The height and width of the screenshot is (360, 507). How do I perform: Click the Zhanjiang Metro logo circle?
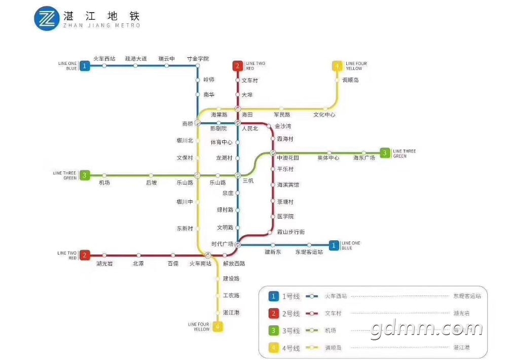click(x=47, y=18)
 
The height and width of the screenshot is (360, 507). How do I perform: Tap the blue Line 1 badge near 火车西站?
click(x=85, y=65)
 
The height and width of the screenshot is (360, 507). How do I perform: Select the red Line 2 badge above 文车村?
click(x=237, y=65)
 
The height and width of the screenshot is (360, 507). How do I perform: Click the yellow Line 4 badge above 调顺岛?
click(x=337, y=65)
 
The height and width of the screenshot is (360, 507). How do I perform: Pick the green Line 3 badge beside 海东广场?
click(x=385, y=153)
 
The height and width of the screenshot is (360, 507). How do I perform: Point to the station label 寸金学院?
click(x=198, y=58)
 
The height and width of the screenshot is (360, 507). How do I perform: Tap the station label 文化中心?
click(x=324, y=115)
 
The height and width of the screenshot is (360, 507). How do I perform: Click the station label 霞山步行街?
click(x=291, y=232)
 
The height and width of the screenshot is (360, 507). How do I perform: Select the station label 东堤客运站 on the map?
click(x=309, y=252)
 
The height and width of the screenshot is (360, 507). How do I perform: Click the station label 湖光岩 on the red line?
click(x=104, y=263)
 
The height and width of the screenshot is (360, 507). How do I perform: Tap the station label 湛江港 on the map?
click(x=232, y=312)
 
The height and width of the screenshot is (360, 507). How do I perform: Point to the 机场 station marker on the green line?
click(x=104, y=175)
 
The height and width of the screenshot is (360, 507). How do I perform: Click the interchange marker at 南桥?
click(x=198, y=123)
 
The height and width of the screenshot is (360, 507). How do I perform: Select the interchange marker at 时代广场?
click(x=237, y=244)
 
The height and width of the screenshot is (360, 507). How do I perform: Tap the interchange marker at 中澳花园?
click(x=273, y=153)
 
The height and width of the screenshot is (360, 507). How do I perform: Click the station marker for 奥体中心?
click(x=329, y=153)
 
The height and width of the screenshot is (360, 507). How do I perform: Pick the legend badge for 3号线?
click(x=274, y=331)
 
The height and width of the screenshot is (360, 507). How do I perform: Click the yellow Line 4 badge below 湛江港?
click(x=218, y=326)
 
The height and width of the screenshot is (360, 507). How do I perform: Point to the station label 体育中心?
click(x=222, y=142)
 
